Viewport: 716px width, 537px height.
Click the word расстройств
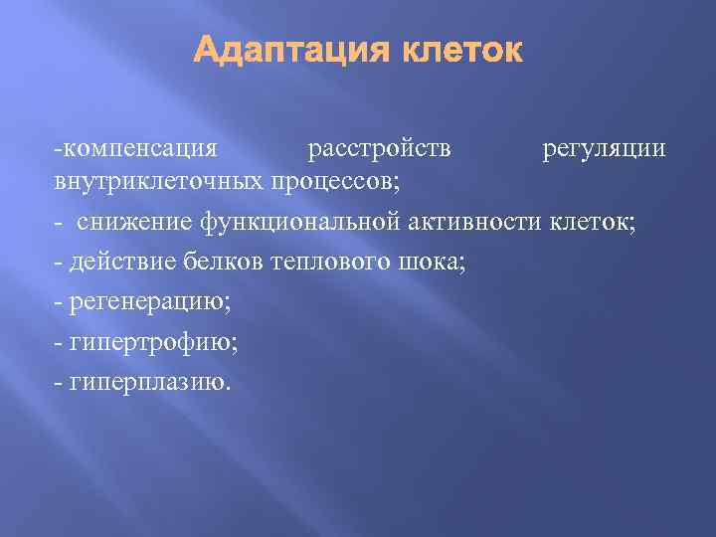379,149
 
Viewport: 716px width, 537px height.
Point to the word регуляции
604,149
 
